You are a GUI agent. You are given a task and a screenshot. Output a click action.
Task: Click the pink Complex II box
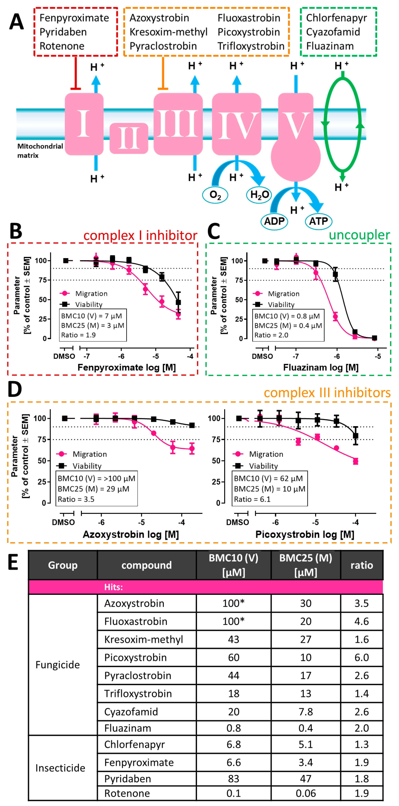click(x=129, y=138)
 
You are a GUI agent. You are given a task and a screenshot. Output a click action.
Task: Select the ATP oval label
click(x=318, y=221)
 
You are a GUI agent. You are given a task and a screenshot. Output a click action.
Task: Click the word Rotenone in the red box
click(x=62, y=46)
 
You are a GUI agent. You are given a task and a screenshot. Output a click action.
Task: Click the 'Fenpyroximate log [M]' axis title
click(x=126, y=367)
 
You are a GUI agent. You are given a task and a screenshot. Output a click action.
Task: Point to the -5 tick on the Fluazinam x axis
click(x=378, y=356)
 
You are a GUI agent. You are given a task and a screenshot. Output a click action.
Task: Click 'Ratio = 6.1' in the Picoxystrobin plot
click(x=252, y=499)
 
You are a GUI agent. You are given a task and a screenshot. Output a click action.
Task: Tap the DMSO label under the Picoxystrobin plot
click(x=238, y=522)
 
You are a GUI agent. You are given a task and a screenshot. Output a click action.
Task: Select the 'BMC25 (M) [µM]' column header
click(x=305, y=565)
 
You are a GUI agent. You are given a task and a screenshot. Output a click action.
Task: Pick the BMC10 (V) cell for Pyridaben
click(x=234, y=779)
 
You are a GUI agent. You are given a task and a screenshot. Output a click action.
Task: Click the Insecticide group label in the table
click(x=60, y=768)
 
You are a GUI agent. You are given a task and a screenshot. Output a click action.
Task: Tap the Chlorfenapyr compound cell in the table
click(x=134, y=744)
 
